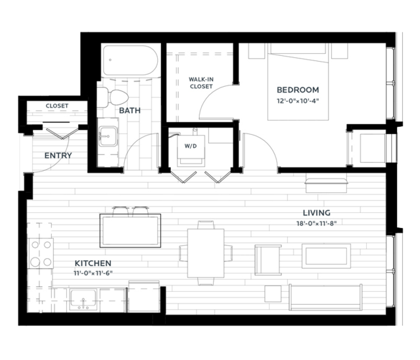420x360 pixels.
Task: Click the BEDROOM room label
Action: (x=298, y=90)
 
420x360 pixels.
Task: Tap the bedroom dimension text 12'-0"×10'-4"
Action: (x=298, y=101)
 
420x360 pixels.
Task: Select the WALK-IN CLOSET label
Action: (x=201, y=83)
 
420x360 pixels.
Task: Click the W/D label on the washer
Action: (x=191, y=146)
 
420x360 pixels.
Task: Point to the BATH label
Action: (x=129, y=110)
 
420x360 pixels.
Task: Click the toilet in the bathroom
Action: (x=112, y=97)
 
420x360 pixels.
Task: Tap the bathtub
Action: (x=130, y=60)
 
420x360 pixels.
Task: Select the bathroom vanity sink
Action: (x=108, y=136)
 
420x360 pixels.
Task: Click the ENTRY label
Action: (x=58, y=156)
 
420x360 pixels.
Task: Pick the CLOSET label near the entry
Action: (x=57, y=106)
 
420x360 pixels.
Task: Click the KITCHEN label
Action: (x=93, y=263)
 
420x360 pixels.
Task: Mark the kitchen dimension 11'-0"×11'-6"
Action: (x=93, y=273)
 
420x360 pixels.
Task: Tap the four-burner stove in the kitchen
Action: (x=41, y=253)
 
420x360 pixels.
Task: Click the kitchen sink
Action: (x=83, y=300)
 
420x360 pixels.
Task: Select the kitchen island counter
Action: (x=130, y=231)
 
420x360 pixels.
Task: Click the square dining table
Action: (x=206, y=253)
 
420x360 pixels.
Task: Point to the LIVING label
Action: (x=317, y=213)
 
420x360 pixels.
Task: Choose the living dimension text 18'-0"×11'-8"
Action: (x=317, y=223)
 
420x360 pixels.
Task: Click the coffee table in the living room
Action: (x=326, y=256)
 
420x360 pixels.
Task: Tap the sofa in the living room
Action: (x=326, y=297)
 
